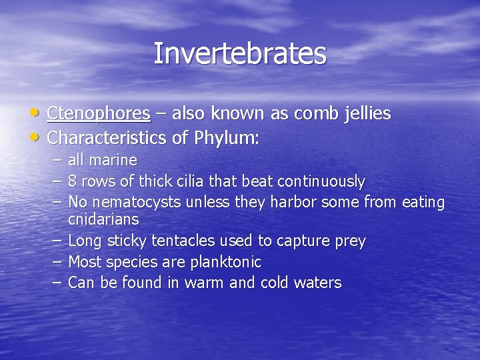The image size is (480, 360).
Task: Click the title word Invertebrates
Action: tap(240, 54)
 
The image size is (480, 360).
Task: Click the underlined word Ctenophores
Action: tap(99, 114)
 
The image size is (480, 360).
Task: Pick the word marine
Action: tap(113, 160)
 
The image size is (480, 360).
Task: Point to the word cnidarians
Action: tap(103, 219)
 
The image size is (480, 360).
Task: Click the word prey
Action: tap(351, 241)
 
